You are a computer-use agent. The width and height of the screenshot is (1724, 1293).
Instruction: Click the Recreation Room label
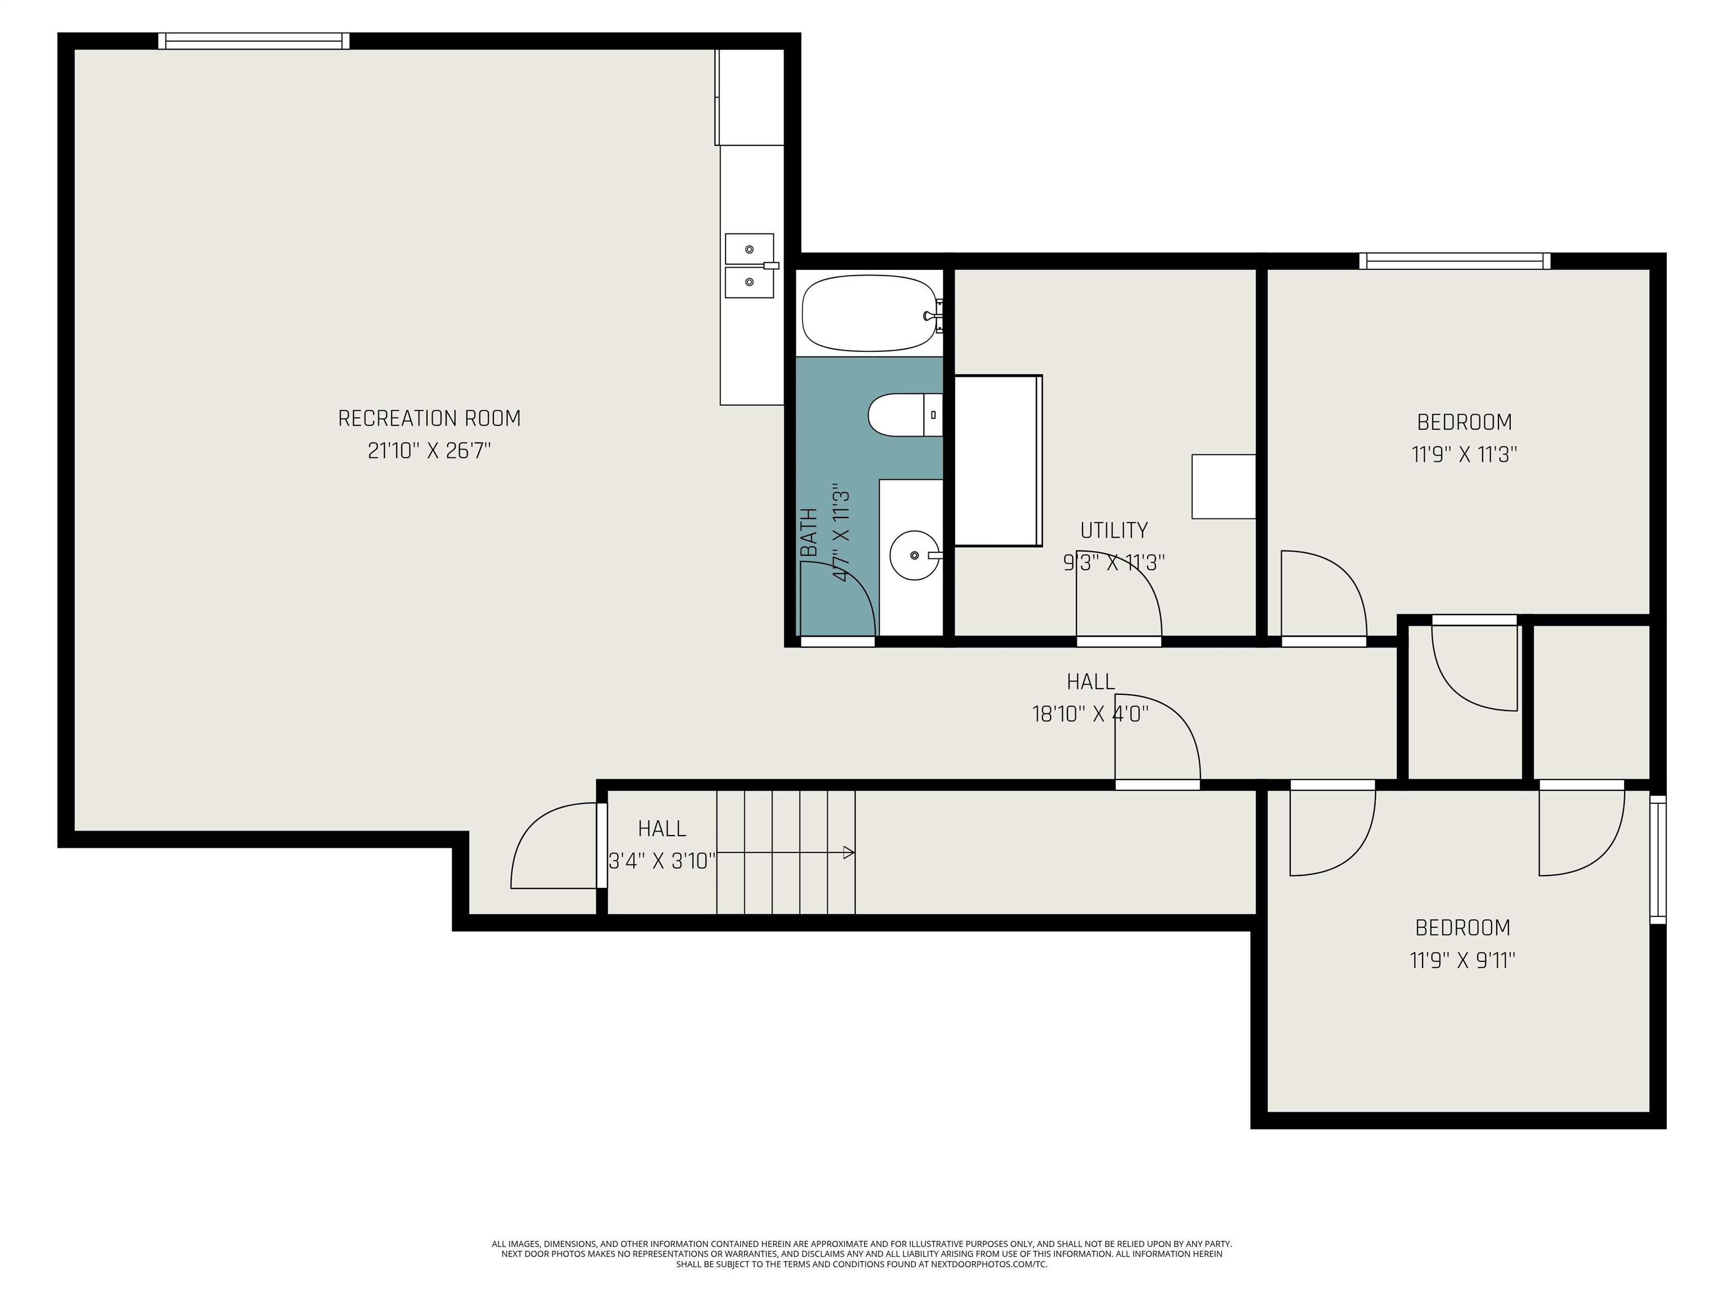429,419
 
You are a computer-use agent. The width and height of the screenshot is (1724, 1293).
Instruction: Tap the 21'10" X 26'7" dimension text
429,451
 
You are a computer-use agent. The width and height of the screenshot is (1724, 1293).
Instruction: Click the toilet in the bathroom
905,415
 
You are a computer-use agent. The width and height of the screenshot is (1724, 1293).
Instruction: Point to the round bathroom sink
914,556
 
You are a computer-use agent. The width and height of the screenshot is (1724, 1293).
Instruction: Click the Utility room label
1114,530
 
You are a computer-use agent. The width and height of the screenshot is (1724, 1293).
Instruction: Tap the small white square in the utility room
1223,487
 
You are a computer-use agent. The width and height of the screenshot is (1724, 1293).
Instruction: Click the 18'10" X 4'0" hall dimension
1090,714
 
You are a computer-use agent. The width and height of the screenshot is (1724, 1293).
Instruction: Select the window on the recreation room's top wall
254,40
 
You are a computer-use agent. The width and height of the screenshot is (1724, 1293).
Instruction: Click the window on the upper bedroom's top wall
1455,261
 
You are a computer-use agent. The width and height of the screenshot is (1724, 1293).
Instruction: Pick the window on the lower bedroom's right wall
1658,860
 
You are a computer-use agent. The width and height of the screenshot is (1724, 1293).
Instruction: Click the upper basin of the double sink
750,249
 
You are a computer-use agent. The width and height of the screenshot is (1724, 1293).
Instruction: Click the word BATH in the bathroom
810,533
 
